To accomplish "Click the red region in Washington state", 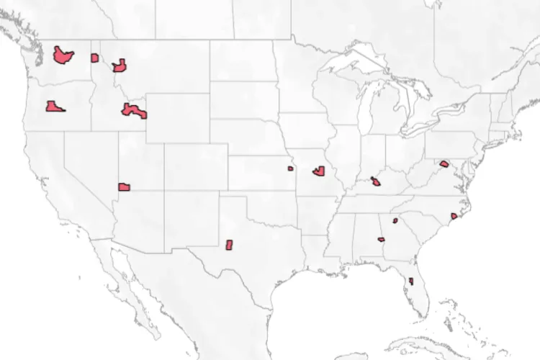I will [63, 55].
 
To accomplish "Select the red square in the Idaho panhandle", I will [94, 58].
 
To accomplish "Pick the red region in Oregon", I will [54, 107].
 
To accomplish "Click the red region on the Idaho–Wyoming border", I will [134, 112].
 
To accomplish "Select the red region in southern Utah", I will [124, 186].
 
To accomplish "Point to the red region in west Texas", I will [230, 245].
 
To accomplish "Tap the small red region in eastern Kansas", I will [290, 168].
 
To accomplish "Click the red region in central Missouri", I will [320, 171].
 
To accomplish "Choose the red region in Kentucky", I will [377, 181].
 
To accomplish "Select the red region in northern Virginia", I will [444, 164].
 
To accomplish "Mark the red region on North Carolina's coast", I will [454, 216].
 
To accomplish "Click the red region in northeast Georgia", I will [395, 220].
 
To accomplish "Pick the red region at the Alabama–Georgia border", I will [381, 239].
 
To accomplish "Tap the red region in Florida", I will [410, 281].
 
